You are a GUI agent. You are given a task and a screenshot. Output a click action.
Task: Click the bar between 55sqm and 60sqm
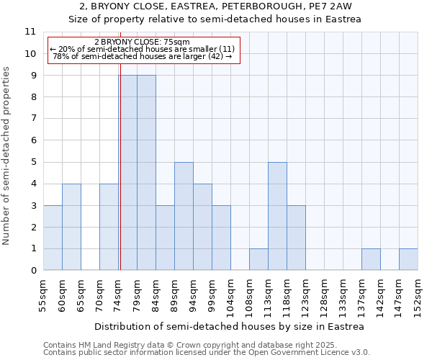(53, 238)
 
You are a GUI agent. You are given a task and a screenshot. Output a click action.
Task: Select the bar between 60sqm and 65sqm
(71, 227)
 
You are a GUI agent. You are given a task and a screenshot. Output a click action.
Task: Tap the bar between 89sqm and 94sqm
(184, 216)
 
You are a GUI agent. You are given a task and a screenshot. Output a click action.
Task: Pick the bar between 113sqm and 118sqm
(277, 216)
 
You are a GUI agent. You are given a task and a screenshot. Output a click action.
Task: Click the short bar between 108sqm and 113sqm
(258, 259)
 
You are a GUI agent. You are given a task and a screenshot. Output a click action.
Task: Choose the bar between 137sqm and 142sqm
(371, 259)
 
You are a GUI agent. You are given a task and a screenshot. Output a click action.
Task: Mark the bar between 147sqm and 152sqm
(408, 259)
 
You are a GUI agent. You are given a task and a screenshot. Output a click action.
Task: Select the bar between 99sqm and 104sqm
(221, 238)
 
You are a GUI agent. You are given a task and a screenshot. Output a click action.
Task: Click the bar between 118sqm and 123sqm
(296, 238)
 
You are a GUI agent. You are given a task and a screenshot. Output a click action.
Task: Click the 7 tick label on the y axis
(32, 119)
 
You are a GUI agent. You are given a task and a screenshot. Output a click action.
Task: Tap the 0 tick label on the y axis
(32, 271)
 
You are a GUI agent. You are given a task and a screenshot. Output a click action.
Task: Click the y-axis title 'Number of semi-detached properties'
(7, 156)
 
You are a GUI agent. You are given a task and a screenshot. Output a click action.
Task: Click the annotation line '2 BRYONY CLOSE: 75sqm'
(142, 42)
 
